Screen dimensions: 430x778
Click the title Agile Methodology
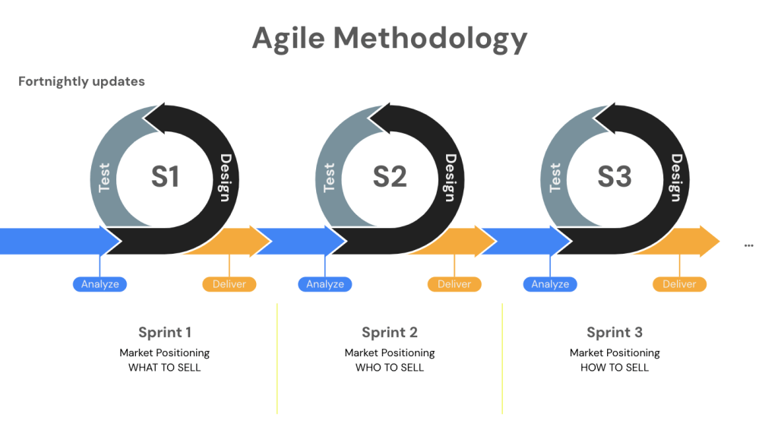pyautogui.click(x=389, y=38)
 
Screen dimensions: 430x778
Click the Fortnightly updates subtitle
pyautogui.click(x=81, y=81)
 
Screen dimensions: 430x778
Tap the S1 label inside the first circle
pyautogui.click(x=165, y=176)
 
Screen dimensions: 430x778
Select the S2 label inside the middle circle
pyautogui.click(x=390, y=176)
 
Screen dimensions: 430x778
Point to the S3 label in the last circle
pyautogui.click(x=615, y=176)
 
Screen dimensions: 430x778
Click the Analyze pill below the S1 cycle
pyautogui.click(x=100, y=284)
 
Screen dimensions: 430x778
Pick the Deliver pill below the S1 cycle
pyautogui.click(x=229, y=284)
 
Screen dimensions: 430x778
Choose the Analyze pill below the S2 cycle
pyautogui.click(x=325, y=284)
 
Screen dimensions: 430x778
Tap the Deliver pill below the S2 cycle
pyautogui.click(x=454, y=284)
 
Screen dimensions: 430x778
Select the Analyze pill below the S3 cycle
pyautogui.click(x=550, y=284)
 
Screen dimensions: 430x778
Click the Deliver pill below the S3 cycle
pyautogui.click(x=679, y=284)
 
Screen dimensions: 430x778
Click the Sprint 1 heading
pyautogui.click(x=165, y=332)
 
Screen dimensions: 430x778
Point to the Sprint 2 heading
pyautogui.click(x=390, y=332)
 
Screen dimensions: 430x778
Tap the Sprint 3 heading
pyautogui.click(x=615, y=332)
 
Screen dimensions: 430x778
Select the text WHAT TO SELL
pyautogui.click(x=165, y=368)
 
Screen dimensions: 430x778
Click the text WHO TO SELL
pyautogui.click(x=390, y=368)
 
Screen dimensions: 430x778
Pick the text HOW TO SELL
pyautogui.click(x=615, y=368)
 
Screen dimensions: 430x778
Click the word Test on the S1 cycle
pyautogui.click(x=105, y=177)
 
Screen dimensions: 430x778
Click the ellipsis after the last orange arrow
pyautogui.click(x=749, y=245)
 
